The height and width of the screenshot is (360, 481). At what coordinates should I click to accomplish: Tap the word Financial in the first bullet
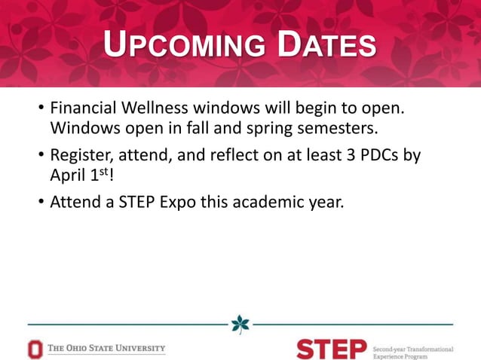point(84,109)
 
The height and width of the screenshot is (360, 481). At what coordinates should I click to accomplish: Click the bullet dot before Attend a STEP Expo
point(41,203)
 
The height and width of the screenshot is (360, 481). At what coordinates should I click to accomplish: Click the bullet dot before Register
point(41,156)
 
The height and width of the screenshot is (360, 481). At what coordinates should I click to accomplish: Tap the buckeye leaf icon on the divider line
point(240,324)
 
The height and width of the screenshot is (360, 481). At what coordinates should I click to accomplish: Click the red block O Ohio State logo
point(35,349)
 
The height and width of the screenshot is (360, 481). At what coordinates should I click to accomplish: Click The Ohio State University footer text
point(106,349)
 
